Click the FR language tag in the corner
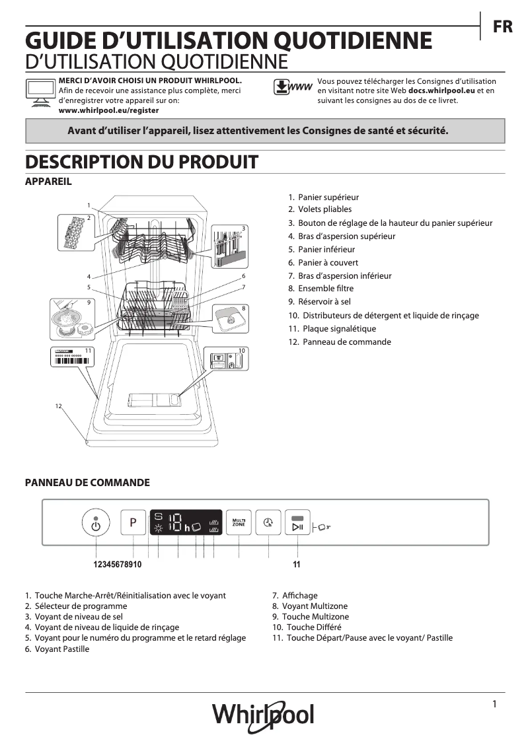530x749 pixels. [502, 27]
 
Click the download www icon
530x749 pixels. [291, 88]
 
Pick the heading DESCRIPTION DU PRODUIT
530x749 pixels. [141, 162]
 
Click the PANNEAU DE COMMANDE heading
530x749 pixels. [87, 483]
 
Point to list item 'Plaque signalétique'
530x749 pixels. [339, 328]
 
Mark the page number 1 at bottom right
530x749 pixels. [494, 705]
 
